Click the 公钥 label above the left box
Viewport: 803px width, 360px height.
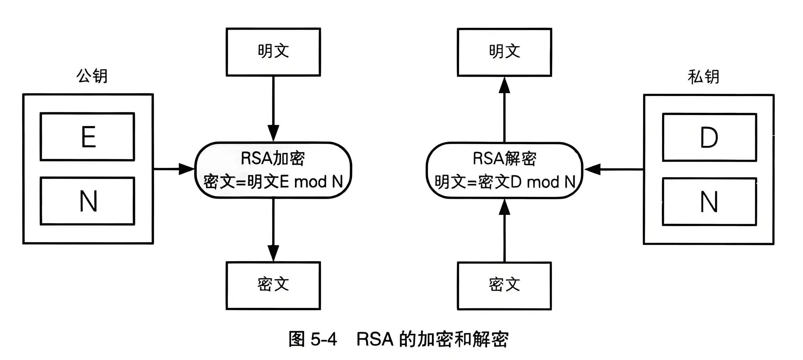click(x=92, y=76)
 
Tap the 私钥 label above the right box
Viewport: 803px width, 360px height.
click(x=703, y=77)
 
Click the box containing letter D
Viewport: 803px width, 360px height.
click(x=709, y=138)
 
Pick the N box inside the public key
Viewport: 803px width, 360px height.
click(x=87, y=201)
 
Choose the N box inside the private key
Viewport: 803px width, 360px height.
click(x=709, y=202)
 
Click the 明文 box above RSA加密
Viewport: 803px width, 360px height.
click(x=273, y=52)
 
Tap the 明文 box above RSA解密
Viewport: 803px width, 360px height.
click(x=504, y=52)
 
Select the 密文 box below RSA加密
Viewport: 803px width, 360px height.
click(x=273, y=285)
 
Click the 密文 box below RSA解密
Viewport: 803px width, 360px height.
click(x=504, y=285)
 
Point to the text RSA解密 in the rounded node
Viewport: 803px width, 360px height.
click(x=504, y=158)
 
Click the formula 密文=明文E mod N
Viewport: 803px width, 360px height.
click(x=273, y=182)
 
